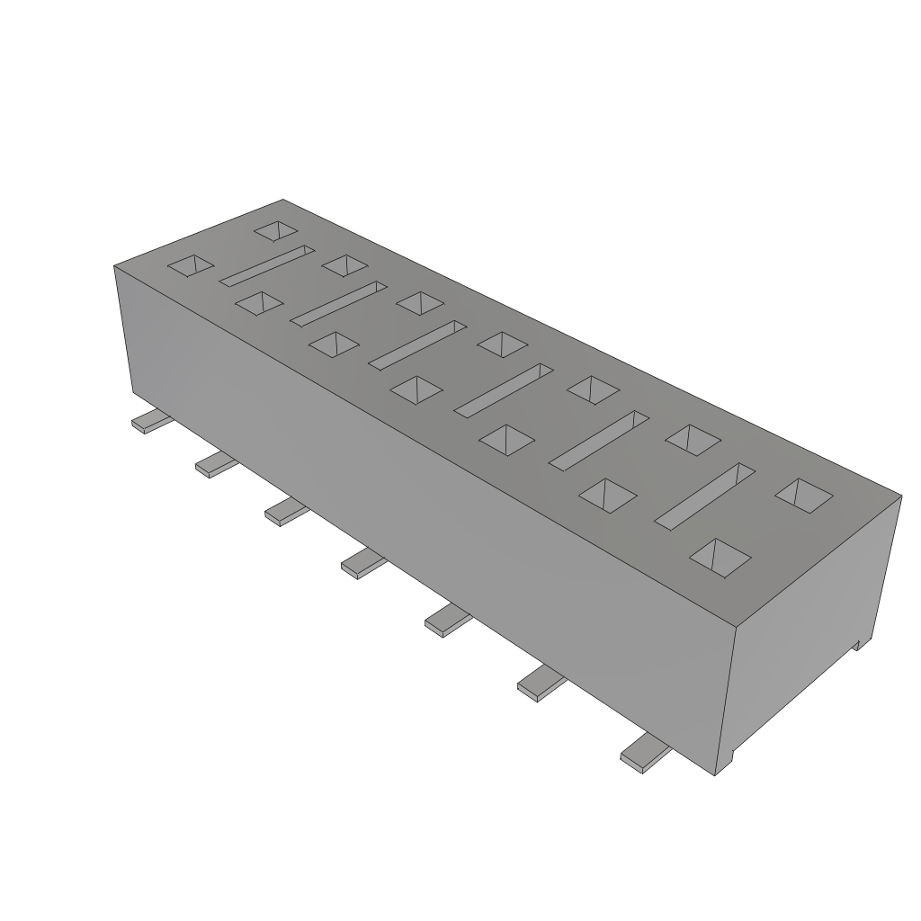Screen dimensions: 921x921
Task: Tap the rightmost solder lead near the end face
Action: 643,754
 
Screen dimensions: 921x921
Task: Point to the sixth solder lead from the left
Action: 541,686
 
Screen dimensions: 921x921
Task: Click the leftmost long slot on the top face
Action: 266,265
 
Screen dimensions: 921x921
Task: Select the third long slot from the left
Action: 417,344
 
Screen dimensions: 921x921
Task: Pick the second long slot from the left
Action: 338,303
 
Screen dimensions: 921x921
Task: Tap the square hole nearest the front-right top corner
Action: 720,557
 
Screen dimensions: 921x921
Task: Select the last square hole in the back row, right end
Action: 802,496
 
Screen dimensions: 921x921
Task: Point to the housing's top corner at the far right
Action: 900,494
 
